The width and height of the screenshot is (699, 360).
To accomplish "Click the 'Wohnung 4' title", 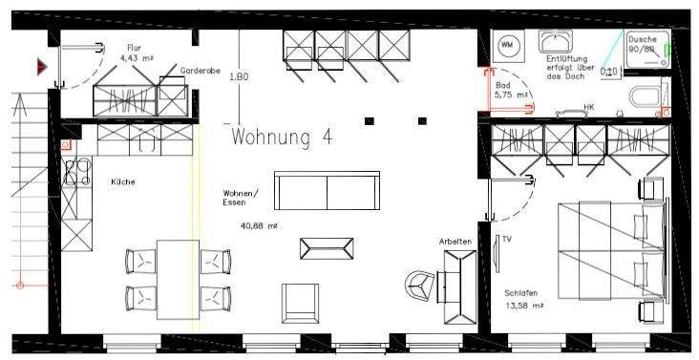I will pos(282,137).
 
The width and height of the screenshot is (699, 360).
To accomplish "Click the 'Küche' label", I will pos(122,181).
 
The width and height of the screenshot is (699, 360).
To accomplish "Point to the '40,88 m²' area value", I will pos(258,225).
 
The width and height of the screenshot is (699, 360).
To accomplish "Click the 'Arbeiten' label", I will pos(455,242).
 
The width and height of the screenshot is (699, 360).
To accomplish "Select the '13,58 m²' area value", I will pos(524,306).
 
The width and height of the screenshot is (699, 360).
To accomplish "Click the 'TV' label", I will pos(507,239).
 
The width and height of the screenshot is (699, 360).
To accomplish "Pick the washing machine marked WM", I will pos(507,44).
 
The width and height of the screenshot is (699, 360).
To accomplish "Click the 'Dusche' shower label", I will pos(642,38).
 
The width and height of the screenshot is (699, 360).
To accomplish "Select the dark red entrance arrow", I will pos(42,67).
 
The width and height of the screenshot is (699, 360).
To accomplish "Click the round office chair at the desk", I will pos(420,284).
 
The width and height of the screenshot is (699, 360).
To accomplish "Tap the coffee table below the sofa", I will pos(326,248).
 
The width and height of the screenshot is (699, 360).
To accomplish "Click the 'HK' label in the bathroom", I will pos(588,107).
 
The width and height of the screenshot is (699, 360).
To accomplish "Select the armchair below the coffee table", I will pos(299,303).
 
